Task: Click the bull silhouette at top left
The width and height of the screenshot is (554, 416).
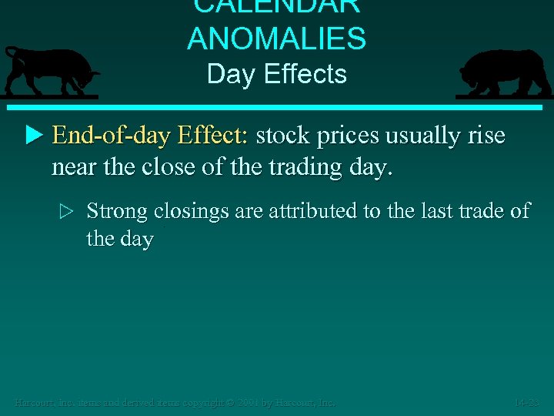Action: (51, 71)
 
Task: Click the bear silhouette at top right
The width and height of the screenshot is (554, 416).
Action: (504, 72)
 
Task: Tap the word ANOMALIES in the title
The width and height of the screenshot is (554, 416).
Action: (276, 39)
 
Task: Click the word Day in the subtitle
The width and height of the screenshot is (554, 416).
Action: (225, 75)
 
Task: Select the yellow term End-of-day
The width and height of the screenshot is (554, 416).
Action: (111, 136)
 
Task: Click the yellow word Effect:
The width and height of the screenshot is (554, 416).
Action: (213, 136)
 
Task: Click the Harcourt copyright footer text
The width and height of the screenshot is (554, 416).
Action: (175, 402)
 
